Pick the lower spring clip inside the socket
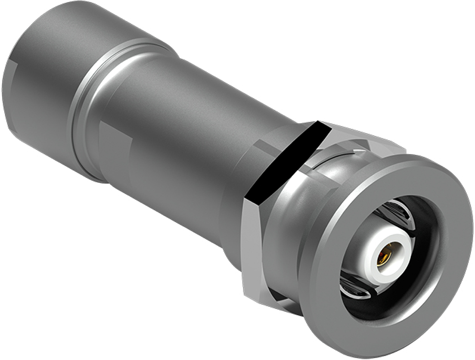(354, 287)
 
